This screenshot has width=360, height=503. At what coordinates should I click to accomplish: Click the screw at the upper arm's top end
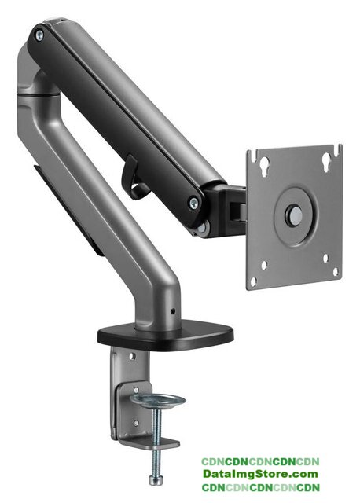point(39,35)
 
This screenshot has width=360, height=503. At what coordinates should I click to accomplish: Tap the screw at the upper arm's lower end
point(194,203)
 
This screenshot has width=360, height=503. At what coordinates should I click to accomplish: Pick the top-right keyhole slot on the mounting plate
point(326,160)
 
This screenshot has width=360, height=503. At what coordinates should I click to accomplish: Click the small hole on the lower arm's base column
point(173,311)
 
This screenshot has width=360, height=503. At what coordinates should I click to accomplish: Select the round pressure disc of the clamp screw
point(159,401)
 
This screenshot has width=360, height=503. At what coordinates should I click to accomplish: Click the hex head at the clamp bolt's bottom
point(154,479)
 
